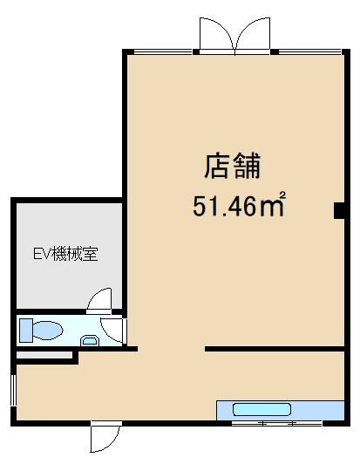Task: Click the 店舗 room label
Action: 233,165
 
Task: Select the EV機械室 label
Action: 65,255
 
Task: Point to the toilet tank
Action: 26,331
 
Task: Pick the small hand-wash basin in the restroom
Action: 89,341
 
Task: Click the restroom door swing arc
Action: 112,331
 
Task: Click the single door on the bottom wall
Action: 104,438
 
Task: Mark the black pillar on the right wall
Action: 338,210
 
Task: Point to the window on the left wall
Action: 13,389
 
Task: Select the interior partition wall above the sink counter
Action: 275,350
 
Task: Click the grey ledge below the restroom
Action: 45,356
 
